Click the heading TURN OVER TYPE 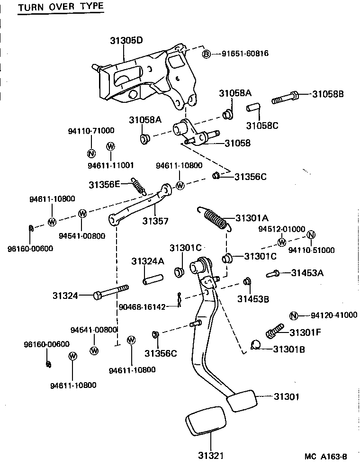(60, 8)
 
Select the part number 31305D (126, 41)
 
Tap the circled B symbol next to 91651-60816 (207, 54)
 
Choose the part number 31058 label (237, 143)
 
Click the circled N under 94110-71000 (91, 153)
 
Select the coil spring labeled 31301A (216, 219)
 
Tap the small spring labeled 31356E (138, 186)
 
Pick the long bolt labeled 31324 (112, 292)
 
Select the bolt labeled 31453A (273, 273)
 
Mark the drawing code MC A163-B (326, 457)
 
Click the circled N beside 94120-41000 (293, 316)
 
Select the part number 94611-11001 (111, 165)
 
